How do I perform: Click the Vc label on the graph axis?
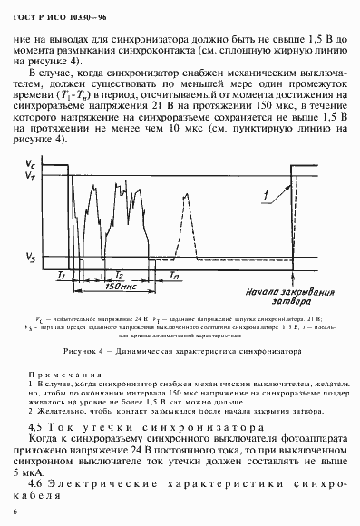[30, 163]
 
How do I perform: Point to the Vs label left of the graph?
[29, 258]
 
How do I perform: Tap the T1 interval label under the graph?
[61, 274]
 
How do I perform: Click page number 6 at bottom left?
[17, 513]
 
